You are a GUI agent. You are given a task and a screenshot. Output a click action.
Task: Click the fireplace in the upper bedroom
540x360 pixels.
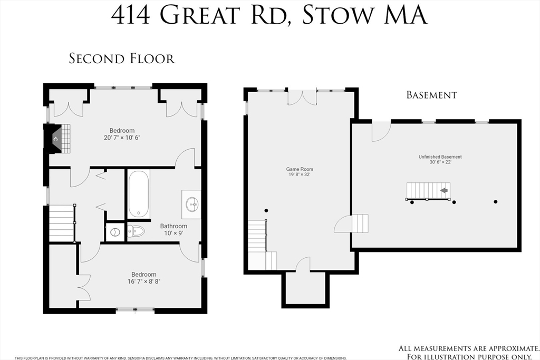click(x=56, y=139)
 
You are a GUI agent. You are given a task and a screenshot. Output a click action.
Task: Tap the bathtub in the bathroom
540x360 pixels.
click(x=139, y=193)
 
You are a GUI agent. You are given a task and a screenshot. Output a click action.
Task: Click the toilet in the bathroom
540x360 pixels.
click(x=136, y=231)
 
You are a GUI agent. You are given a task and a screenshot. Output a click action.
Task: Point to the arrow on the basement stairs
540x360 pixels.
click(x=444, y=190)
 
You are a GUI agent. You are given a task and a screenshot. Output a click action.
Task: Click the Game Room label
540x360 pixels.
click(x=300, y=169)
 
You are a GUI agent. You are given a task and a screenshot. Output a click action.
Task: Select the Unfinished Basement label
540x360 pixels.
click(x=440, y=157)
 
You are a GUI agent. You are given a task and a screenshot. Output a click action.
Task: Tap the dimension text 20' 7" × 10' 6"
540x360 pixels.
click(x=122, y=138)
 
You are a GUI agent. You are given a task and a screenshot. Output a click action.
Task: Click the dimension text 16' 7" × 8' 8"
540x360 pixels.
click(x=143, y=281)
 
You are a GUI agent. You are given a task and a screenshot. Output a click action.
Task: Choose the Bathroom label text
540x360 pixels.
click(x=173, y=226)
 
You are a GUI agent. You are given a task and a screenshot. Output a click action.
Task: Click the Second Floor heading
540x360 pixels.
click(x=122, y=58)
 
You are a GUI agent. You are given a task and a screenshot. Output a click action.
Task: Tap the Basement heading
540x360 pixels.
click(x=431, y=95)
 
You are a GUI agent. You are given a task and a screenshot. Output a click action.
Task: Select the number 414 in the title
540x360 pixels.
click(x=132, y=15)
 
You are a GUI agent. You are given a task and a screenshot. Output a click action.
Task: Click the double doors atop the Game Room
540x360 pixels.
click(x=302, y=98)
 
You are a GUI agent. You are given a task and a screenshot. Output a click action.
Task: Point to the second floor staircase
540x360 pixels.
click(x=61, y=222)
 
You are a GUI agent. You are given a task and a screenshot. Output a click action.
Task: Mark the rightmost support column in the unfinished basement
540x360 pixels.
click(x=495, y=201)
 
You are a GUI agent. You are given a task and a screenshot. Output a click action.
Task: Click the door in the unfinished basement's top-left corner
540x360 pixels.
click(x=381, y=131)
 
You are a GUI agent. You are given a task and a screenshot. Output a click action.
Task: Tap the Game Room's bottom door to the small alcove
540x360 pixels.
click(x=303, y=265)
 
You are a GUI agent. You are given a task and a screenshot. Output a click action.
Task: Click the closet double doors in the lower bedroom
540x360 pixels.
click(x=83, y=287)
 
